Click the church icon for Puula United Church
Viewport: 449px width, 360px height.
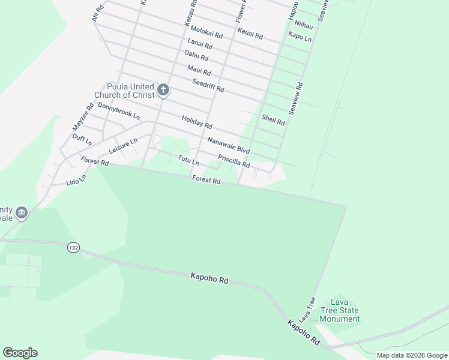coord(163,91)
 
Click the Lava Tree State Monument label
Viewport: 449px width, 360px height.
coord(339,311)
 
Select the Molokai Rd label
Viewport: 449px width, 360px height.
coord(206,32)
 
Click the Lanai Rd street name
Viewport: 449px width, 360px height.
coord(200,44)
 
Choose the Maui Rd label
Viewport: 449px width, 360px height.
coord(199,70)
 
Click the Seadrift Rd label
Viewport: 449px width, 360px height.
coord(208,86)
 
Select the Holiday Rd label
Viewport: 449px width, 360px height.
coord(197,123)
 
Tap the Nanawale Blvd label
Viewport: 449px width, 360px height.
coord(228,145)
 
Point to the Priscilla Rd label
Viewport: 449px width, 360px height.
coord(234,161)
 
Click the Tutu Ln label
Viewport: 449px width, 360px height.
coord(188,160)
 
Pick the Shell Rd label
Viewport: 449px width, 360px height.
coord(273,119)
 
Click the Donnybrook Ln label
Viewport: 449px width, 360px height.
coord(118,110)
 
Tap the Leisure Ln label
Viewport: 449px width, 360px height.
coord(123,145)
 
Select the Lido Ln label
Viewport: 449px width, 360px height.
coord(76,179)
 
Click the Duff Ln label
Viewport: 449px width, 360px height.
coord(82,140)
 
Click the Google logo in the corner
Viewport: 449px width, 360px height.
coord(20,353)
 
